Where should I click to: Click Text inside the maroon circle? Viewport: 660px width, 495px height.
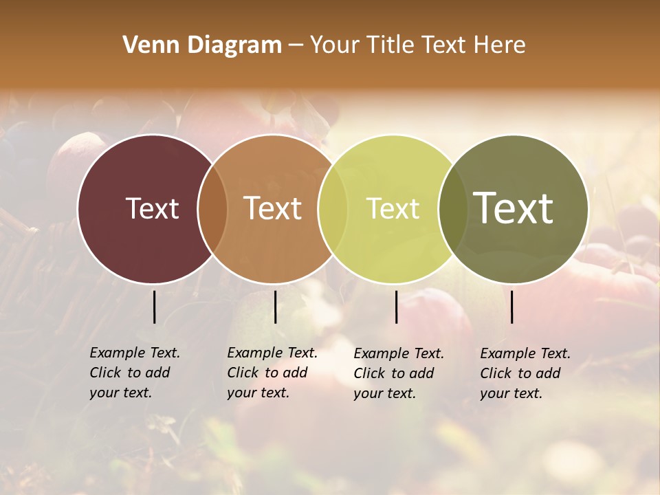(152, 208)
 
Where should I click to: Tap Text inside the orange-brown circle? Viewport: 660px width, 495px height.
(273, 208)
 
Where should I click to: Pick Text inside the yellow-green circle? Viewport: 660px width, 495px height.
(393, 208)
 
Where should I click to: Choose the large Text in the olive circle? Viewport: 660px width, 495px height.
(514, 208)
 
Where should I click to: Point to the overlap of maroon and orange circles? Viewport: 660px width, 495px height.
(212, 208)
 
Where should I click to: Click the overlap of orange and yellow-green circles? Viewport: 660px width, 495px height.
(333, 208)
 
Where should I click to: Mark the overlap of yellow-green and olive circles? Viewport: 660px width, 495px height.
(452, 208)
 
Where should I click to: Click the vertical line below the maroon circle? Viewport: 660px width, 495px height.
(154, 307)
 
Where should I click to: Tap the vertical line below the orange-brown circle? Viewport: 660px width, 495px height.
(275, 307)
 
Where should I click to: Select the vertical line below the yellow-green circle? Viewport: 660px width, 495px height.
(396, 307)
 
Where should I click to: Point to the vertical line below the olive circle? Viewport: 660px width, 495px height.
(511, 307)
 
